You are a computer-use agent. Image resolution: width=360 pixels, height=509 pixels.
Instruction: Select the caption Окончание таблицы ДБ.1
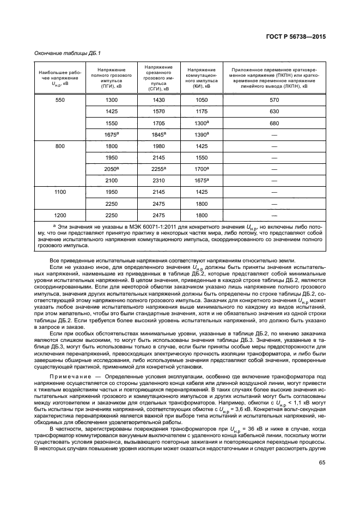point(69,53)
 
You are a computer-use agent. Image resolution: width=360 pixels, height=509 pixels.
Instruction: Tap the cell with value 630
point(274,112)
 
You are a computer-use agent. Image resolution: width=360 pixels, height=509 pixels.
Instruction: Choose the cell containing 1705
point(158,124)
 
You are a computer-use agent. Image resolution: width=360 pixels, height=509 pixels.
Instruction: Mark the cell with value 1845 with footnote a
point(158,135)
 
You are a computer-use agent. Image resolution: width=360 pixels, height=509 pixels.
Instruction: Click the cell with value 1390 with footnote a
point(202,135)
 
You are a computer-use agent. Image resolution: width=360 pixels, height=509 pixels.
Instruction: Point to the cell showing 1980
point(158,146)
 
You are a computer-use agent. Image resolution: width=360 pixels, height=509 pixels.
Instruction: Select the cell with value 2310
point(158,181)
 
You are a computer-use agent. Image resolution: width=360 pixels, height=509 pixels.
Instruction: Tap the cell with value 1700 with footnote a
point(202,169)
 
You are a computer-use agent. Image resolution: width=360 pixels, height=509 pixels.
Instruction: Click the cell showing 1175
point(202,112)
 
